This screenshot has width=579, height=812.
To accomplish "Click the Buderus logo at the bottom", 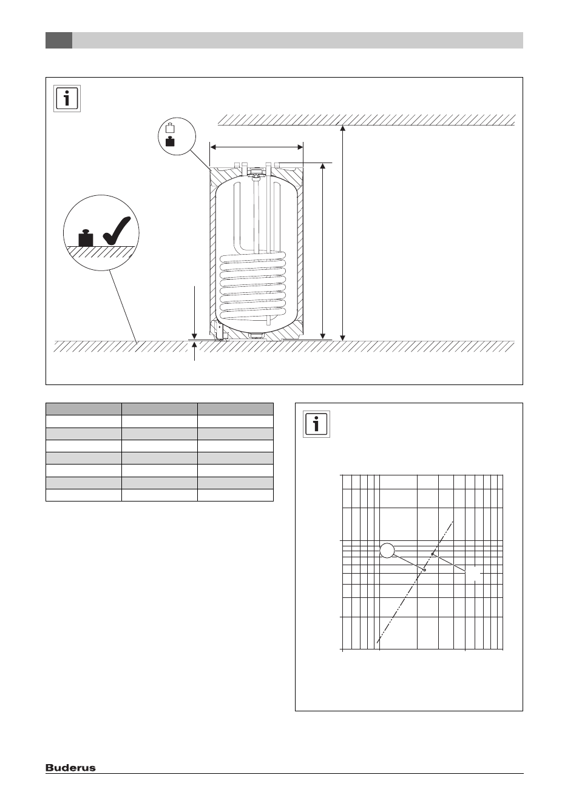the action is (x=70, y=767).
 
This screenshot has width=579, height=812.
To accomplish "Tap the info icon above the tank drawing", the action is (x=67, y=99).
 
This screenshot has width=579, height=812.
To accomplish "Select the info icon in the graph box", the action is (x=316, y=424).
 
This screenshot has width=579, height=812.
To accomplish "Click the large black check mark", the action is (x=117, y=230).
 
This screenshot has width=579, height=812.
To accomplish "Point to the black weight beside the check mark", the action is (x=86, y=238).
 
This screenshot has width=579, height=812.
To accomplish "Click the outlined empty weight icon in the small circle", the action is (x=170, y=127).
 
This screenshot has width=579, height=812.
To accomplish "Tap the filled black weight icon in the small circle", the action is (x=170, y=141).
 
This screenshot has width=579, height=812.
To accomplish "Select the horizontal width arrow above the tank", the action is (x=257, y=147).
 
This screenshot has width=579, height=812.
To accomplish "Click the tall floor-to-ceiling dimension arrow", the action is (x=342, y=233).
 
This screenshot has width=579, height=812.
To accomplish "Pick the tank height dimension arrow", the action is (x=322, y=251).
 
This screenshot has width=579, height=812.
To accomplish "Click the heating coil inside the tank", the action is (x=253, y=286).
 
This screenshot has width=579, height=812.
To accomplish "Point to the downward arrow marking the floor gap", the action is (x=195, y=312).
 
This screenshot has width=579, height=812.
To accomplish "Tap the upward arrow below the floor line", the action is (x=195, y=351).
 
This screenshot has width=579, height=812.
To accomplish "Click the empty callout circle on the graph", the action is (x=387, y=550).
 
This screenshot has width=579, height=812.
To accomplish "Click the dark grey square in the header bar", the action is (x=59, y=40).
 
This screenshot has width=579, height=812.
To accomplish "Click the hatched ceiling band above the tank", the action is (x=367, y=120).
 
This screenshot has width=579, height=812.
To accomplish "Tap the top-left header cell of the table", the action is (x=83, y=409).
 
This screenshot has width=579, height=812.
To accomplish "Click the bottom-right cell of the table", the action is (x=235, y=495).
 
